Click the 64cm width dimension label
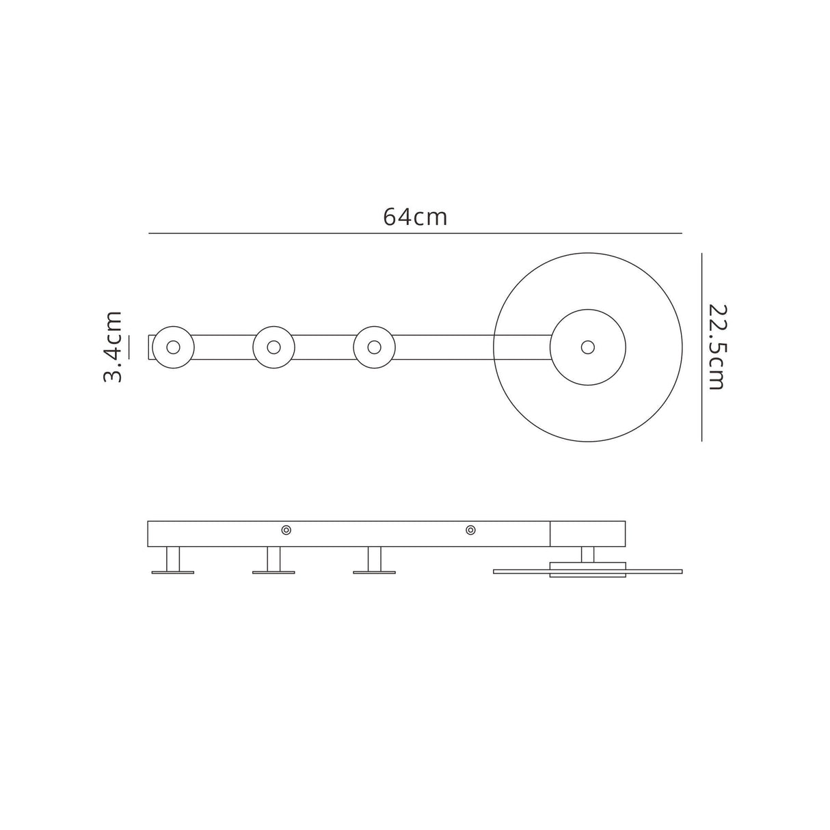coord(415,217)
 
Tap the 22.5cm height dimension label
coord(715,347)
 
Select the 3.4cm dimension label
coord(112,347)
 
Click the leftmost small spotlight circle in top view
coord(173,347)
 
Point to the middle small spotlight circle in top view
coord(273,347)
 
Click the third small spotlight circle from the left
coord(374,347)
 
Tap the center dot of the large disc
coord(587,347)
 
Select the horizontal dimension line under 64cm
coord(415,234)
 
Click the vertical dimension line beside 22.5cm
coord(702,347)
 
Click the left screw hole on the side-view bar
coord(286,530)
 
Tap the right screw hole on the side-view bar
coord(470,530)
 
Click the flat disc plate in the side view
coord(520,570)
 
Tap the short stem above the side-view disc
coord(587,554)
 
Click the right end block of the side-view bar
coord(588,534)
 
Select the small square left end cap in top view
coord(150,347)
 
